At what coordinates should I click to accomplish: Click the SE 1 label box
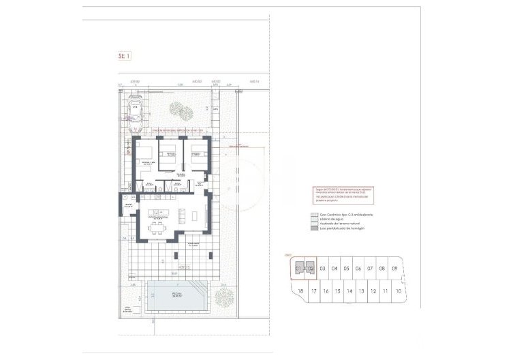[124, 58]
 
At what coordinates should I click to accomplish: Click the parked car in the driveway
[136, 115]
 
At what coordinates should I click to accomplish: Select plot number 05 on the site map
[347, 269]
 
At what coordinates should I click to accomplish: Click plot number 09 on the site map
[394, 269]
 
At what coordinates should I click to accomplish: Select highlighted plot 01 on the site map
[298, 269]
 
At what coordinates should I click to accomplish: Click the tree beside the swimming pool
[223, 297]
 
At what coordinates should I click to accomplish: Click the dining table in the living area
[157, 226]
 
